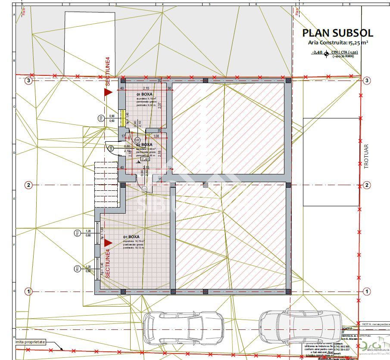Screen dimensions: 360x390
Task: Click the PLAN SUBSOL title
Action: coord(337,33)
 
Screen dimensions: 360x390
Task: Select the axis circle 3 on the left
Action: coord(28,80)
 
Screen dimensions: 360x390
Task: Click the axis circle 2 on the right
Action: coord(367,185)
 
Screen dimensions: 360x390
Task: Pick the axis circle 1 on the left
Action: coord(28,291)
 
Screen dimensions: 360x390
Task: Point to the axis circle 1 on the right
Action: coord(367,291)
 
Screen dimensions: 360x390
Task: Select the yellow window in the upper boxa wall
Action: coord(123,118)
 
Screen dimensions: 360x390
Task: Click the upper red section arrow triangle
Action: coord(108,92)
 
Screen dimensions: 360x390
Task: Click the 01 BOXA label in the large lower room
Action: coord(131,237)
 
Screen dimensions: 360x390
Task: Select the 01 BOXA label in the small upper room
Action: coord(144,93)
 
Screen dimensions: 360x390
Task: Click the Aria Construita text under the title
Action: coord(337,42)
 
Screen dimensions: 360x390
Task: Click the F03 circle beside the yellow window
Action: coord(100,118)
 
